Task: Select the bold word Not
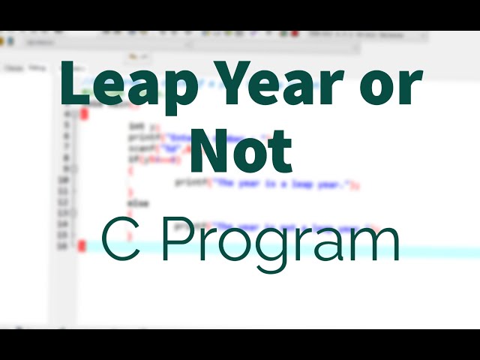point(240,154)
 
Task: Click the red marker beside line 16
point(82,246)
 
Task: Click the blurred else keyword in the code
point(138,203)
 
